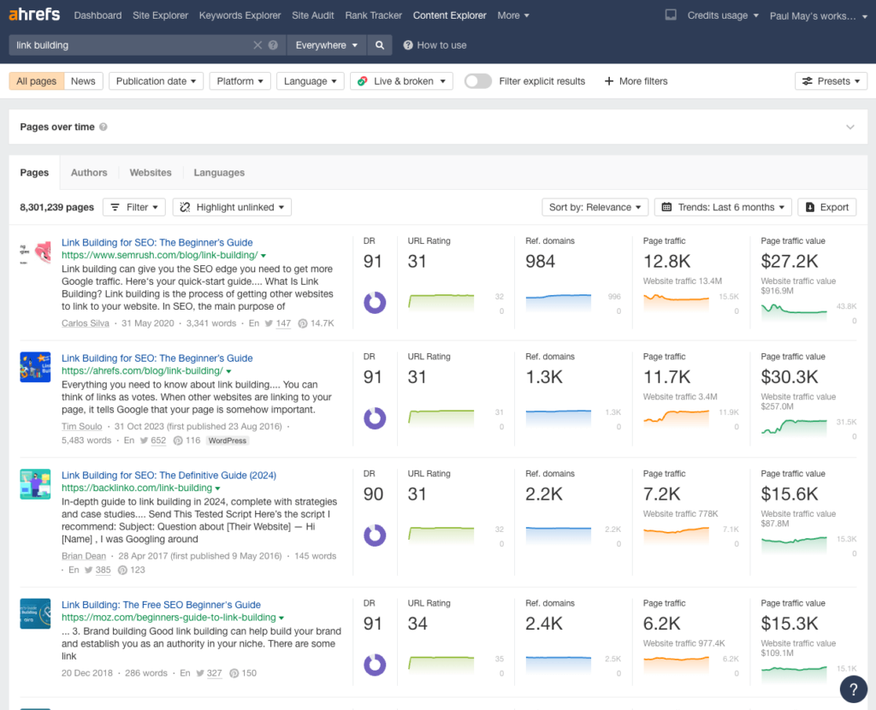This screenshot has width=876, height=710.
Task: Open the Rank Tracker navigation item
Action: point(373,15)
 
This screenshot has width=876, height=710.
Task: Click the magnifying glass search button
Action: point(379,45)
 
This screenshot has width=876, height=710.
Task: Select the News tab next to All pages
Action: point(83,81)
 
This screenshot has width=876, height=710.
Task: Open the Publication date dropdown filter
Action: point(157,81)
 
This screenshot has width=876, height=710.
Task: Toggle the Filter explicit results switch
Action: point(478,81)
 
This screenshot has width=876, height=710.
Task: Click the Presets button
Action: point(831,81)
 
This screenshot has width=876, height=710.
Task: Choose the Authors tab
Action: point(89,173)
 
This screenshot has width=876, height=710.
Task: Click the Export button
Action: point(826,207)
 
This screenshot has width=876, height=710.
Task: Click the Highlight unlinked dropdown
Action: point(232,207)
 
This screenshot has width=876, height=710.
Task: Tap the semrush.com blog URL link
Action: point(159,255)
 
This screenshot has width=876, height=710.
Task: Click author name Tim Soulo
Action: point(82,426)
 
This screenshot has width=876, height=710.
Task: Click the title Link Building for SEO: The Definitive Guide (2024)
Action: point(169,476)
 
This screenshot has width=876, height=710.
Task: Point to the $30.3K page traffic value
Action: point(790,377)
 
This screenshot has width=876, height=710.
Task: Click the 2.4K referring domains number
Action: point(544,624)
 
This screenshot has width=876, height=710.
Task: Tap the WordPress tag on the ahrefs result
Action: point(228,441)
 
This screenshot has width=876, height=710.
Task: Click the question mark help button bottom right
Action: point(853,689)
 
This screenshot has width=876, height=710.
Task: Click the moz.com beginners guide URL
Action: point(169,618)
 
